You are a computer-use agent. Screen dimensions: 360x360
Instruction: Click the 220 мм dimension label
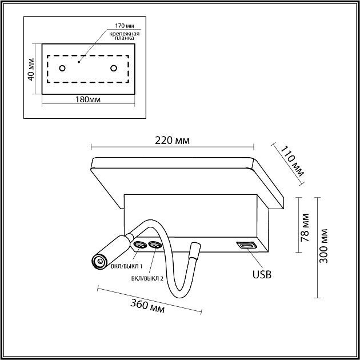pyautogui.click(x=172, y=141)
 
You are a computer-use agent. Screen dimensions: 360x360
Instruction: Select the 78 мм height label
pyautogui.click(x=305, y=227)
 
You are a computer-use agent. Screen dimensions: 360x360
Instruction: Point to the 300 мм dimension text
pyautogui.click(x=324, y=246)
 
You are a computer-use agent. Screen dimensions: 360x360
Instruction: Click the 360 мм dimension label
pyautogui.click(x=147, y=306)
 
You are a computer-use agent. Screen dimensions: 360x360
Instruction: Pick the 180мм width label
pyautogui.click(x=88, y=99)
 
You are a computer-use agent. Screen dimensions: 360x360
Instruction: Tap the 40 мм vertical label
pyautogui.click(x=31, y=69)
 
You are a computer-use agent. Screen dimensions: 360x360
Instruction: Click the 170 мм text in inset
pyautogui.click(x=125, y=26)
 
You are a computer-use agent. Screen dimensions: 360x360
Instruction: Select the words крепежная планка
pyautogui.click(x=124, y=36)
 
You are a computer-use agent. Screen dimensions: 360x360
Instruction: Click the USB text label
pyautogui.click(x=262, y=274)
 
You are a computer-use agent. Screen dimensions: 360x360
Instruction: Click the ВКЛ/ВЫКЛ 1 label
pyautogui.click(x=127, y=266)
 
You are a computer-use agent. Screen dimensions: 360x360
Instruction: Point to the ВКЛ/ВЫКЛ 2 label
pyautogui.click(x=147, y=279)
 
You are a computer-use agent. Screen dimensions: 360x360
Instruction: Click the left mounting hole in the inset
pyautogui.click(x=62, y=68)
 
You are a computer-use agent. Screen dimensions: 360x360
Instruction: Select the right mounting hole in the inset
pyautogui.click(x=114, y=68)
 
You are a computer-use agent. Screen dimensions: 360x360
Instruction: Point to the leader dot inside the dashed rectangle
pyautogui.click(x=79, y=62)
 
